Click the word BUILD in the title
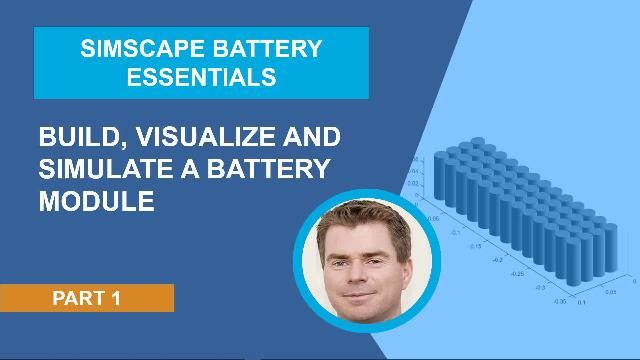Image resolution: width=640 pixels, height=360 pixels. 81,136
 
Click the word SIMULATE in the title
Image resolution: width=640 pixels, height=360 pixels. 101,167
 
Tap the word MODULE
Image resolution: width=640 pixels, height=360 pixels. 96,200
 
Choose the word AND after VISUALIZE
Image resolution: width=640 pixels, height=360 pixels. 310,136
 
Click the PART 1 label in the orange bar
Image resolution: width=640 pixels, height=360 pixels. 86,297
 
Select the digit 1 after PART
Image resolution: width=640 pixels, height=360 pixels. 116,297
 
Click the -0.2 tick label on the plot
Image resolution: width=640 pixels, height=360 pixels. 499,256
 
